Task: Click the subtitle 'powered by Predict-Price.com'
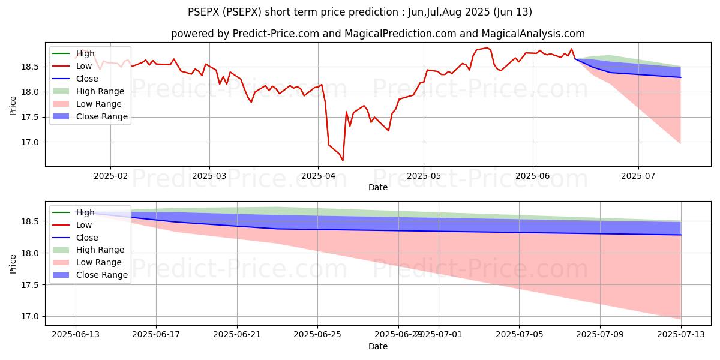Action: [245, 34]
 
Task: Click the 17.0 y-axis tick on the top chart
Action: [31, 142]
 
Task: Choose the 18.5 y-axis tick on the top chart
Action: [31, 67]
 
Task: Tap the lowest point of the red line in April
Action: [343, 160]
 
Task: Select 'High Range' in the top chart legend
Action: [100, 91]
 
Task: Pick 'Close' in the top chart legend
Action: [87, 79]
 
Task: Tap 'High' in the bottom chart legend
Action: [85, 212]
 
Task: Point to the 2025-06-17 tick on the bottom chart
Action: [156, 335]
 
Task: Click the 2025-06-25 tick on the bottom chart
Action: [318, 335]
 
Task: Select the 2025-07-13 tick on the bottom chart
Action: [681, 335]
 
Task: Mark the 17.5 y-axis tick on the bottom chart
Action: [31, 285]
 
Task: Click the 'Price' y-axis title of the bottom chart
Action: [13, 263]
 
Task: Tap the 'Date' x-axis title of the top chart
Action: [378, 187]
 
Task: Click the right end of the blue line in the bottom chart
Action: [681, 235]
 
